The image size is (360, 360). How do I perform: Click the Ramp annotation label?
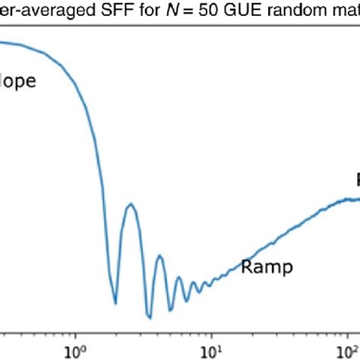[x=267, y=267]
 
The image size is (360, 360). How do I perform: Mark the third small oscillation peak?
[x=179, y=277]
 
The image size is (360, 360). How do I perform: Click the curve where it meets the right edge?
[x=358, y=199]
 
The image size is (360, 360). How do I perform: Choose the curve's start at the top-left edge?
[x=2, y=42]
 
